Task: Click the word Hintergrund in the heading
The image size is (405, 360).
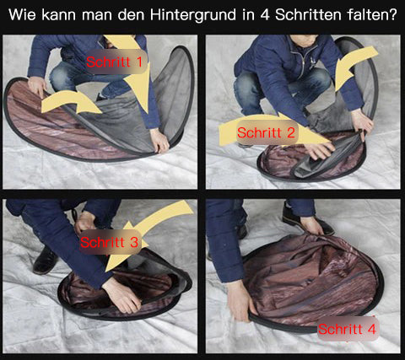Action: pyautogui.click(x=193, y=14)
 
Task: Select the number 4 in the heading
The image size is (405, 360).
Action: pyautogui.click(x=265, y=14)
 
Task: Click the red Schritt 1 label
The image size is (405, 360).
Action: pyautogui.click(x=115, y=62)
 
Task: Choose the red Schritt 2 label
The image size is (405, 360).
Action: pyautogui.click(x=266, y=132)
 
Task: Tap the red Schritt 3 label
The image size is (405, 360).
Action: pyautogui.click(x=109, y=242)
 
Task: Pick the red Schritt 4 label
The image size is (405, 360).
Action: pyautogui.click(x=347, y=329)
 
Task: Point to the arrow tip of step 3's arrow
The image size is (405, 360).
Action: pyautogui.click(x=106, y=271)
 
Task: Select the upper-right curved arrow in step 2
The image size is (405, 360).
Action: pyautogui.click(x=355, y=66)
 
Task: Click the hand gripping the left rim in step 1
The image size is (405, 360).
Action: pyautogui.click(x=37, y=87)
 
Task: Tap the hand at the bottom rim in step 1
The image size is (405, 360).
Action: pyautogui.click(x=159, y=141)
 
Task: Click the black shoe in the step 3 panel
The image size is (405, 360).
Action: pyautogui.click(x=45, y=261)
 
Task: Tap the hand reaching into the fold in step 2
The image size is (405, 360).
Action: pyautogui.click(x=320, y=150)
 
